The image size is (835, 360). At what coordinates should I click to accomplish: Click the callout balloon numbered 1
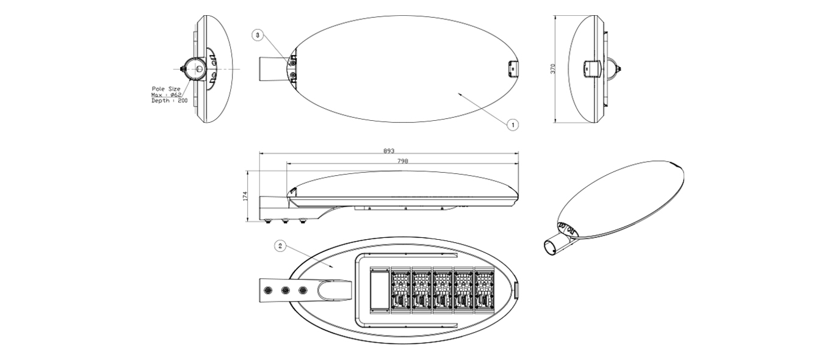[x=513, y=125]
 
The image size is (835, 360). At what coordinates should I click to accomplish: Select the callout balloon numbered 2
[x=280, y=245]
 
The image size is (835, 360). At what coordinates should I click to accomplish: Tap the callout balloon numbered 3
[x=258, y=36]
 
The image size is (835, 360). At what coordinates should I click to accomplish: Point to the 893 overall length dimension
[x=389, y=151]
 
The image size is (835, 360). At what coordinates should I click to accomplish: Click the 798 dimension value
[x=403, y=160]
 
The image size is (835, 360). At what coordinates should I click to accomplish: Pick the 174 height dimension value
[x=245, y=196]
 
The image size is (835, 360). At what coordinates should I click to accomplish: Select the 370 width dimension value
[x=553, y=68]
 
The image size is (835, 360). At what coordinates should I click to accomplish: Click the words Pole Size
[x=166, y=88]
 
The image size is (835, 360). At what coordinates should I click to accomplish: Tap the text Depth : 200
[x=170, y=101]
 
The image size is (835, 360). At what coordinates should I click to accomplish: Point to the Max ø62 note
[x=166, y=95]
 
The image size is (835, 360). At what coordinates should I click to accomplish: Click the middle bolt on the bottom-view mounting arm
[x=286, y=290]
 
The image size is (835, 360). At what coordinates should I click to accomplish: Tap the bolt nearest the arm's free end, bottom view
[x=267, y=290]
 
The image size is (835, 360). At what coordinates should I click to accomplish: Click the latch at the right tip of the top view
[x=513, y=69]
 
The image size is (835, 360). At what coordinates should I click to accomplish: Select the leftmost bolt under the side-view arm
[x=267, y=221]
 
